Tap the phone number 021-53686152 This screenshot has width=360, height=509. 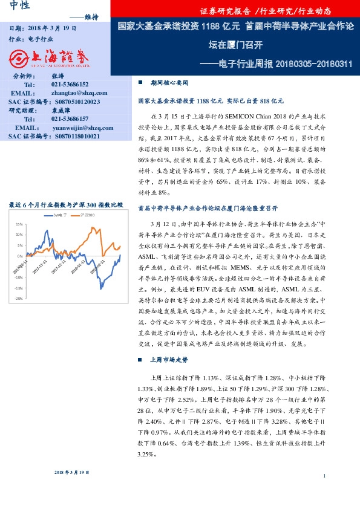click(70, 85)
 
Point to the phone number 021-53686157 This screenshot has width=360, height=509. click(70, 119)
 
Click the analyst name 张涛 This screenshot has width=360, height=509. click(58, 76)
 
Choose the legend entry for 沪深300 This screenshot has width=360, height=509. click(86, 215)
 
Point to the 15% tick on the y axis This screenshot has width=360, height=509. click(19, 224)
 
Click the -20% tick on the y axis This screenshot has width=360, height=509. click(18, 299)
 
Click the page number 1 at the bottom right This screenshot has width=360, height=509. click(325, 476)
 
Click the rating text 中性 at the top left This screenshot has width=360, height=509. click(21, 7)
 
